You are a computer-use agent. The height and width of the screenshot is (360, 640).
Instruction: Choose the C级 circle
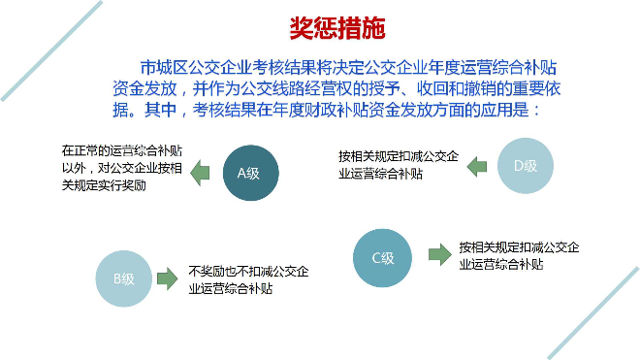click(383, 258)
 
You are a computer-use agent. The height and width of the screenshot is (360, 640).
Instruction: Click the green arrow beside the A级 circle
click(199, 173)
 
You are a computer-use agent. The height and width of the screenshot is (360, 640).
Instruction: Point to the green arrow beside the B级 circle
click(168, 279)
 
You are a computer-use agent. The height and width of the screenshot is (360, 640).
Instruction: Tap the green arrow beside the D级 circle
click(476, 165)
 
